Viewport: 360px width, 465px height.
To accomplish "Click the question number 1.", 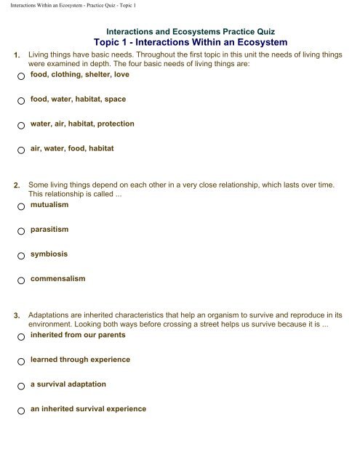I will tap(17, 56).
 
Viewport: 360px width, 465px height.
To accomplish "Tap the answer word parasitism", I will tap(49, 230).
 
